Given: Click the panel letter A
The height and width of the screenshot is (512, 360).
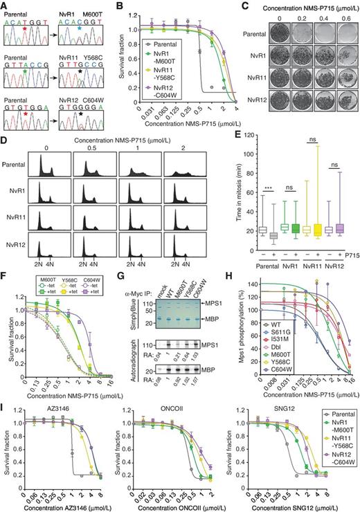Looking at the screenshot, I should pos(5,6).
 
